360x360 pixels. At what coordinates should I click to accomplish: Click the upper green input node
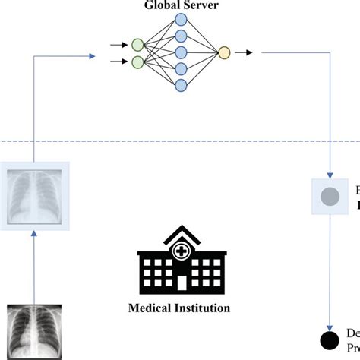tap(137, 44)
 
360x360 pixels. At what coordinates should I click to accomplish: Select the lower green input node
tap(137, 62)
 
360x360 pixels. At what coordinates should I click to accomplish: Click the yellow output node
tap(223, 52)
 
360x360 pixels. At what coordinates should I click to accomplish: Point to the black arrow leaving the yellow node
tap(244, 52)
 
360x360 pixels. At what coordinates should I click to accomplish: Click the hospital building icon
tap(179, 258)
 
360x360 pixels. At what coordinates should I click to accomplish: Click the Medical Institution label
tap(179, 308)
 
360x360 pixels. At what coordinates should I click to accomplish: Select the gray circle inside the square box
tap(330, 197)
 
